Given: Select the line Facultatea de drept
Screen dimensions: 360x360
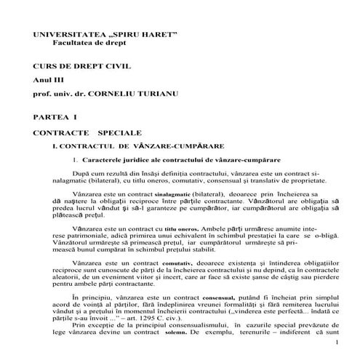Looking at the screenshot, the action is click(80, 44).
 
